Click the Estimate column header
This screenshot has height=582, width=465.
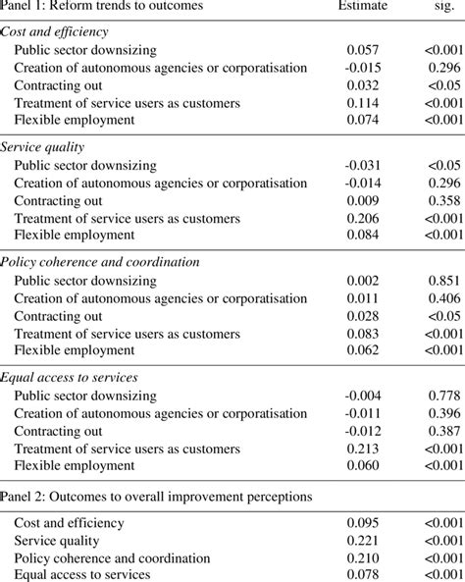tap(364, 7)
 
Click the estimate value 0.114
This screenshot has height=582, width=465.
tap(364, 103)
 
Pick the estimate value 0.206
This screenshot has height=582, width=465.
tap(364, 218)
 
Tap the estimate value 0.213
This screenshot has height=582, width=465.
tap(364, 449)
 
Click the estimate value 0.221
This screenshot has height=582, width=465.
tap(364, 541)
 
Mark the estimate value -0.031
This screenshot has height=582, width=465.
tap(361, 165)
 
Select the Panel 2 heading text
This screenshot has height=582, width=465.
tap(157, 497)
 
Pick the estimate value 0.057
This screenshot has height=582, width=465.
tap(364, 50)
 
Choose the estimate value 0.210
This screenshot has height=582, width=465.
tap(364, 558)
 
